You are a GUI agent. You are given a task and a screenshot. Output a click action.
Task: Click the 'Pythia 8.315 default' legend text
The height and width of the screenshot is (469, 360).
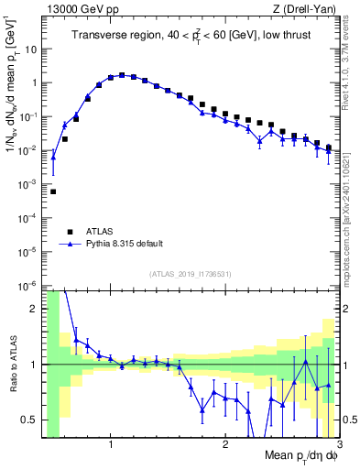tap(125, 244)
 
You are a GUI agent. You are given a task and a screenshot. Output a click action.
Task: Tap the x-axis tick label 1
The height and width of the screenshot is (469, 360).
tap(111, 445)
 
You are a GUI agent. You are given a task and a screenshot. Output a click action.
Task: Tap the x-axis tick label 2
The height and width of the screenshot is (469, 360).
tap(225, 445)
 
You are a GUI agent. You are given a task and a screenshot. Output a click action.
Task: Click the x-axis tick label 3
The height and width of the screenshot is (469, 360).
tap(338, 445)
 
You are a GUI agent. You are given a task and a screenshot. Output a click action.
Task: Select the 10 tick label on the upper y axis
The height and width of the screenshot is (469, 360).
tap(30, 49)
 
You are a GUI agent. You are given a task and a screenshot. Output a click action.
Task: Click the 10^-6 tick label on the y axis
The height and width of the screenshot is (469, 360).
tap(28, 285)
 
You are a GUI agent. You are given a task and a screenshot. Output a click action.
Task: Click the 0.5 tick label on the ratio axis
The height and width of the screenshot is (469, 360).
tap(29, 420)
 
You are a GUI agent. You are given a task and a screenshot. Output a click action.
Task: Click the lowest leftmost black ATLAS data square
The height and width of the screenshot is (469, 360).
tap(53, 191)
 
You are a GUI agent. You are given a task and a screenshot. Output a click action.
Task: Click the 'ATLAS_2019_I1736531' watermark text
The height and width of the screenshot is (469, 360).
tap(191, 274)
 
